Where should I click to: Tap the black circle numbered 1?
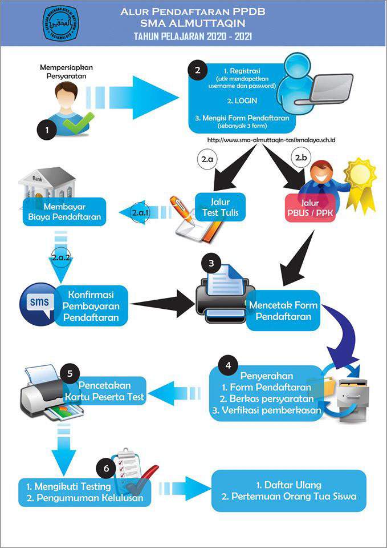coord(47,130)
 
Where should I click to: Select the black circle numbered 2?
coord(197,71)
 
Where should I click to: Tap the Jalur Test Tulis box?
coord(220,207)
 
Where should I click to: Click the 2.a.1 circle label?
coord(140,212)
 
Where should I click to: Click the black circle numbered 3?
coord(211,264)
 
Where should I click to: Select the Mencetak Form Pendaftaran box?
coord(283,310)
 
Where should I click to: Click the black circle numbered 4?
coord(229,363)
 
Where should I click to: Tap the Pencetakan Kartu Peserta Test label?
coord(112,390)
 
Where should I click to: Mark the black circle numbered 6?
coord(106,468)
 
